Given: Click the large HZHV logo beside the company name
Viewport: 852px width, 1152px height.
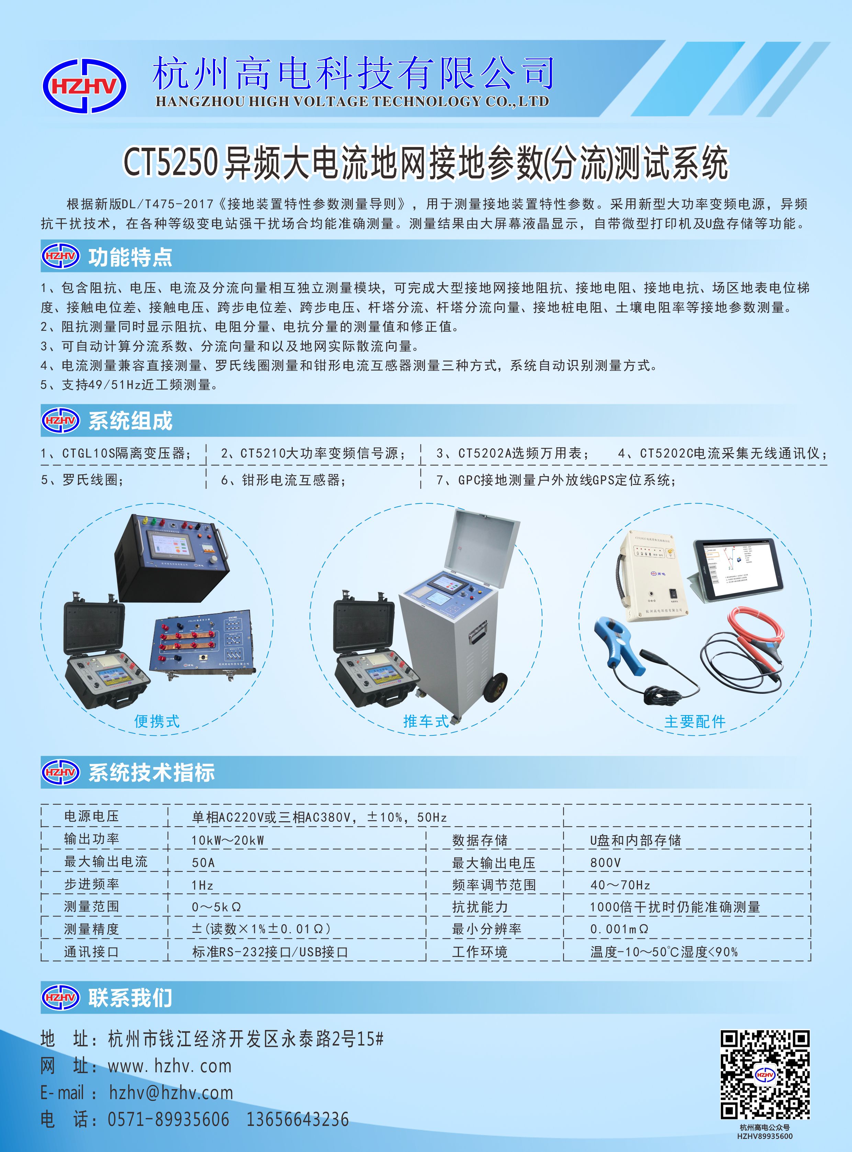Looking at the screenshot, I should pyautogui.click(x=85, y=86).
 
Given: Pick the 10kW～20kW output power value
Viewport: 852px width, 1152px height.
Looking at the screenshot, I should pyautogui.click(x=227, y=840).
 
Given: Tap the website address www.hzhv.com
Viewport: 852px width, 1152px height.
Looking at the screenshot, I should pyautogui.click(x=170, y=1065).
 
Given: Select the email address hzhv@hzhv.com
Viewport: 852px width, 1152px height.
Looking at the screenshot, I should pyautogui.click(x=171, y=1092).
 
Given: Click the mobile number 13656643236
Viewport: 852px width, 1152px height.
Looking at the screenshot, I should pyautogui.click(x=298, y=1119).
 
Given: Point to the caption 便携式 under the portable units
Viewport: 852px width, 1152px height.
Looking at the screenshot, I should pyautogui.click(x=157, y=721).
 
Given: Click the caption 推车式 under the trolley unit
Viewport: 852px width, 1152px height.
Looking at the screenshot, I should pyautogui.click(x=426, y=721).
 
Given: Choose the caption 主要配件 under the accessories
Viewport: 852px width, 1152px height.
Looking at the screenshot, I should pyautogui.click(x=695, y=721).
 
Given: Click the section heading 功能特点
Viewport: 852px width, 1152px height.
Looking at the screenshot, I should pyautogui.click(x=130, y=257).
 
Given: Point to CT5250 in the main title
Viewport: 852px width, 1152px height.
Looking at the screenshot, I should pyautogui.click(x=170, y=162).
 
